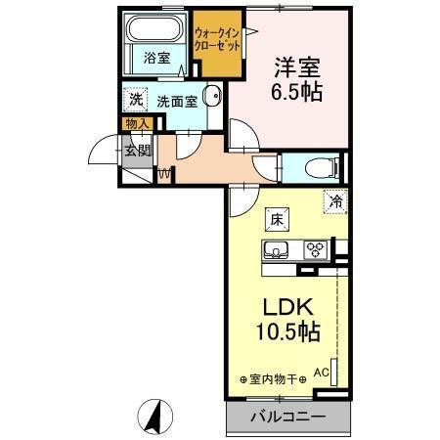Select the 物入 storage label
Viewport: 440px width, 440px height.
click(x=137, y=123)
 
